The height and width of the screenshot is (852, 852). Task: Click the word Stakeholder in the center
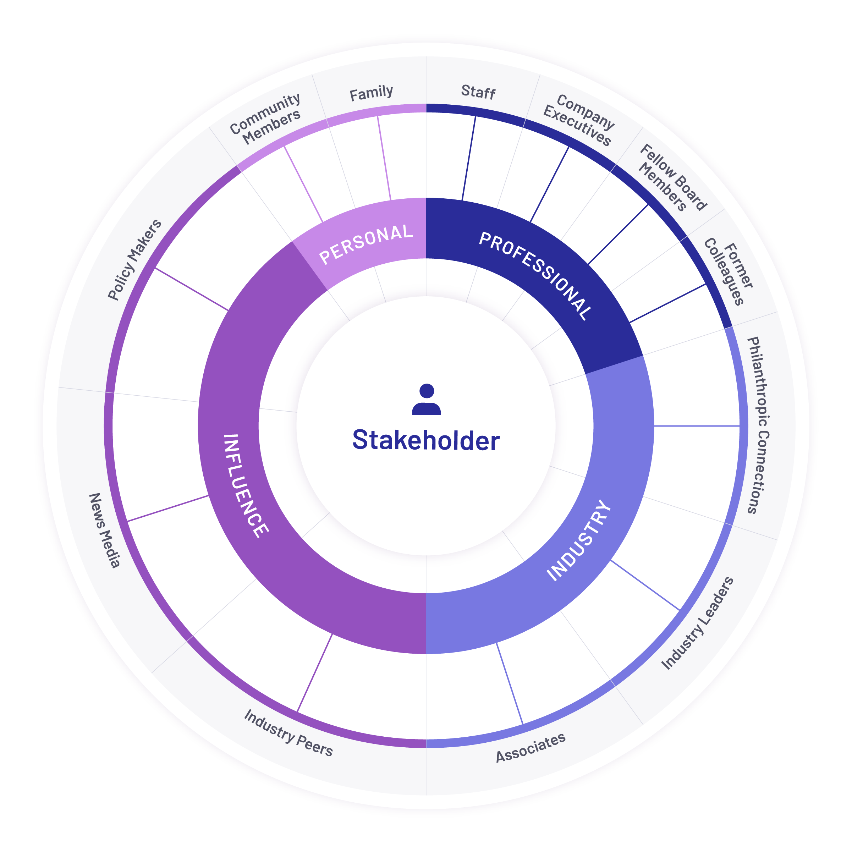click(426, 440)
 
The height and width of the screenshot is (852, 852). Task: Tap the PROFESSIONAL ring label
click(536, 276)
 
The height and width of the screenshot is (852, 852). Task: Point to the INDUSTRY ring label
click(579, 540)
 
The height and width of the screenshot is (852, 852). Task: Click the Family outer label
click(371, 93)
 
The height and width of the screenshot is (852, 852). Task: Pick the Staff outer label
click(478, 92)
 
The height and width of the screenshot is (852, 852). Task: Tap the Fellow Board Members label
click(673, 178)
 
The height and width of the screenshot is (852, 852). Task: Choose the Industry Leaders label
click(698, 623)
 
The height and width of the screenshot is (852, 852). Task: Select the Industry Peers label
click(288, 733)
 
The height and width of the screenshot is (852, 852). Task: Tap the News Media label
click(105, 531)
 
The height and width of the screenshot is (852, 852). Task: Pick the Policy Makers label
click(135, 260)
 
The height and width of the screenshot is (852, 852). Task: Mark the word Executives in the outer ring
click(577, 126)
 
